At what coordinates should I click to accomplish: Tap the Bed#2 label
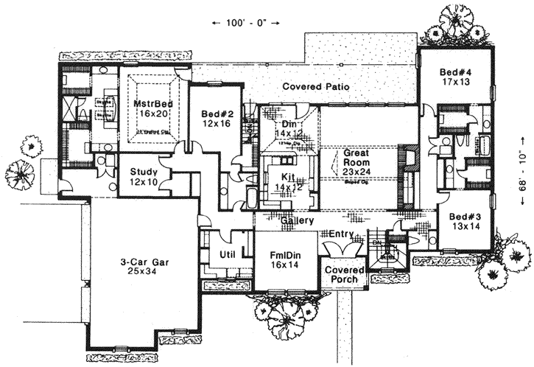coord(216,114)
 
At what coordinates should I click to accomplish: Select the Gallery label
coord(297,220)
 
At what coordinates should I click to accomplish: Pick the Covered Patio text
coord(315,87)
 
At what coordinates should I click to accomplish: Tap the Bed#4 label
coord(454,73)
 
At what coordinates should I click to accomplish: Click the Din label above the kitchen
coord(289,125)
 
